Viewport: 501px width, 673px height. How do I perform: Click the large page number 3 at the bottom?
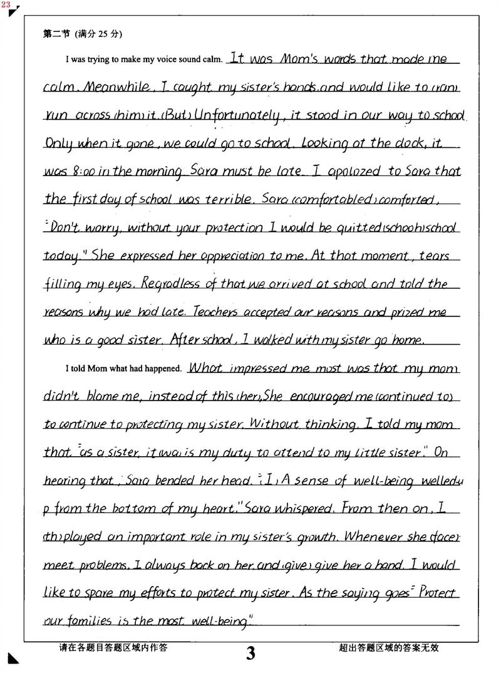coord(250,654)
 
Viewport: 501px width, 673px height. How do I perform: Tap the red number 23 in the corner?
coord(6,4)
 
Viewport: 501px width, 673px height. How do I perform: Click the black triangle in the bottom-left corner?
coord(13,658)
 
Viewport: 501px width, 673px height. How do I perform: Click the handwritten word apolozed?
coord(347,171)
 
